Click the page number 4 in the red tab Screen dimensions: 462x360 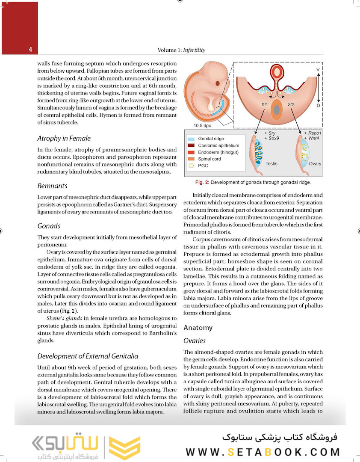click(30, 50)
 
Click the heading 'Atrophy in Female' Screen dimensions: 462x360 click(64, 139)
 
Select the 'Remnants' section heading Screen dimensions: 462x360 click(53, 186)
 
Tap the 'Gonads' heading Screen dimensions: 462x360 click(49, 226)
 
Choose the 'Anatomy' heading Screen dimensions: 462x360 click(198, 328)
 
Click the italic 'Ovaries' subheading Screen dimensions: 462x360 click(195, 341)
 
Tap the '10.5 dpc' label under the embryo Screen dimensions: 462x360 click(203, 126)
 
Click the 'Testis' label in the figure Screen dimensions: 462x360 click(271, 163)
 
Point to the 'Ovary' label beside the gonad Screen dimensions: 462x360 click(315, 163)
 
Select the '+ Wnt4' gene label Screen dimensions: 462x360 click(312, 139)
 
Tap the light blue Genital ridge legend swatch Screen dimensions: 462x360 click(191, 139)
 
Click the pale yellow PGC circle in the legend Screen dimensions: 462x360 click(191, 166)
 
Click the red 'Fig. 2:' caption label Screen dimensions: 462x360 click(201, 182)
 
